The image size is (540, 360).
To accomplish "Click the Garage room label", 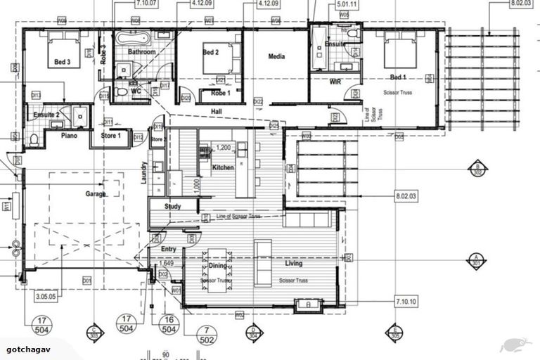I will pyautogui.click(x=96, y=194).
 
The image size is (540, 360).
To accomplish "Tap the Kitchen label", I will pyautogui.click(x=223, y=167).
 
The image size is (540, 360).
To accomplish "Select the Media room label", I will pyautogui.click(x=276, y=57).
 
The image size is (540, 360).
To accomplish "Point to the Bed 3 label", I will pyautogui.click(x=63, y=63).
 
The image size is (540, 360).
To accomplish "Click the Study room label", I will pyautogui.click(x=173, y=207).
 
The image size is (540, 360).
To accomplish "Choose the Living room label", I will pyautogui.click(x=293, y=264).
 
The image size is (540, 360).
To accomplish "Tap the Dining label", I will pyautogui.click(x=217, y=266).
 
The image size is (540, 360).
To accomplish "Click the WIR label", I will pyautogui.click(x=335, y=82).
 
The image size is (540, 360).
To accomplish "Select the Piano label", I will pyautogui.click(x=69, y=135).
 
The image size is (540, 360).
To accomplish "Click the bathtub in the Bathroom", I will pyautogui.click(x=132, y=37).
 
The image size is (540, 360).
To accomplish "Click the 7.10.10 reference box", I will pyautogui.click(x=406, y=302).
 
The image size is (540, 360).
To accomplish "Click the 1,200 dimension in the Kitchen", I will pyautogui.click(x=224, y=148).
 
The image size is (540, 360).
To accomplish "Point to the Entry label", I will pyautogui.click(x=169, y=250).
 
